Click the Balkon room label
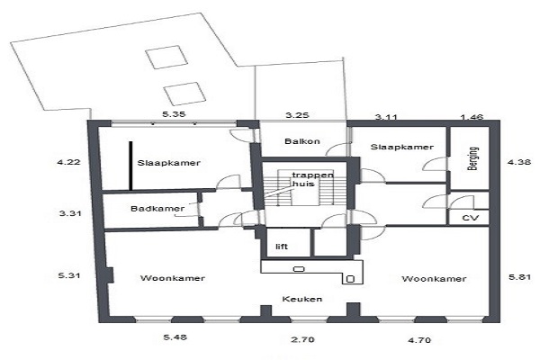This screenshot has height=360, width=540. pyautogui.click(x=302, y=141)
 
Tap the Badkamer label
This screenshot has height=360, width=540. pyautogui.click(x=157, y=209)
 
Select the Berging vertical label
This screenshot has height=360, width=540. pyautogui.click(x=472, y=158)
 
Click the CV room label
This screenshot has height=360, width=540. pyautogui.click(x=470, y=218)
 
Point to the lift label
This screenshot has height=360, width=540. pyautogui.click(x=282, y=247)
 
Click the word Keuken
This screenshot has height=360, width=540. pyautogui.click(x=302, y=299)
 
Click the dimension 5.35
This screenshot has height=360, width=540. pyautogui.click(x=174, y=114)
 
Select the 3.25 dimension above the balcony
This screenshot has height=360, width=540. pyautogui.click(x=297, y=114)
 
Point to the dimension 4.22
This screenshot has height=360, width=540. pyautogui.click(x=68, y=162)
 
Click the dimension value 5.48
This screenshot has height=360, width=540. pyautogui.click(x=175, y=337)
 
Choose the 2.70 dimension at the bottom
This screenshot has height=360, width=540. pyautogui.click(x=302, y=339)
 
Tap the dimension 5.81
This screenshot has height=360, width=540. pyautogui.click(x=520, y=276)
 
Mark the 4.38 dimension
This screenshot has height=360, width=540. pyautogui.click(x=519, y=162)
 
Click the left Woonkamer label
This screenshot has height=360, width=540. pyautogui.click(x=173, y=278)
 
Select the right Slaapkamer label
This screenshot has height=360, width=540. pyautogui.click(x=402, y=147)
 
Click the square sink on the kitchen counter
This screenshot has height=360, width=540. pyautogui.click(x=350, y=279)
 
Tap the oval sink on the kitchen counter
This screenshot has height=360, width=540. pyautogui.click(x=299, y=269)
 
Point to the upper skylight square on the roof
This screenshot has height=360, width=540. pyautogui.click(x=166, y=58)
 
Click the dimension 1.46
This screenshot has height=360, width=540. pyautogui.click(x=472, y=118)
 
